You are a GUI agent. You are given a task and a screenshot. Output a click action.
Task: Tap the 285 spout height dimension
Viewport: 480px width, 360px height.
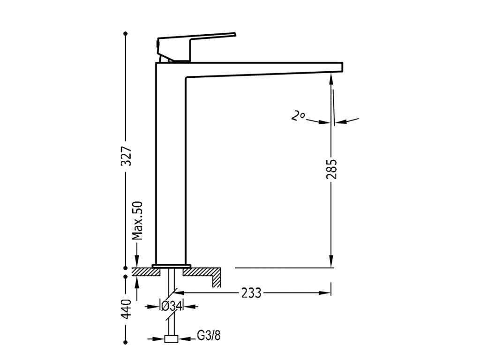click(x=331, y=169)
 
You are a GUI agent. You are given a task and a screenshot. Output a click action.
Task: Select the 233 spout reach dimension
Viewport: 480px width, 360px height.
click(x=252, y=293)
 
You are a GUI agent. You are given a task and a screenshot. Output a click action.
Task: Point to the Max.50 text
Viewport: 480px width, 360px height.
click(x=137, y=220)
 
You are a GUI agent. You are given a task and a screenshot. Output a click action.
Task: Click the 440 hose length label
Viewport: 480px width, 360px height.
click(x=126, y=309)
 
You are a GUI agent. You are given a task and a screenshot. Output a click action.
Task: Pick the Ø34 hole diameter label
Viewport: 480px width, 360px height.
click(x=171, y=307)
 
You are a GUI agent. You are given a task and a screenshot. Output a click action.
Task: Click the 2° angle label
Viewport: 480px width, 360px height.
click(x=297, y=116)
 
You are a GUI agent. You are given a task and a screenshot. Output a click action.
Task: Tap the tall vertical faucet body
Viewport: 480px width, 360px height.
click(x=171, y=164)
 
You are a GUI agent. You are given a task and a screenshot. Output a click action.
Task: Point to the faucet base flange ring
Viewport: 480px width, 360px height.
click(x=171, y=266)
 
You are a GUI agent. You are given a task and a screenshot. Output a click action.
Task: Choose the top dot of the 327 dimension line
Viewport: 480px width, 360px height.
click(x=126, y=34)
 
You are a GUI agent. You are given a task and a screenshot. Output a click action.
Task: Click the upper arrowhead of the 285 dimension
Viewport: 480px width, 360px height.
click(x=331, y=80)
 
